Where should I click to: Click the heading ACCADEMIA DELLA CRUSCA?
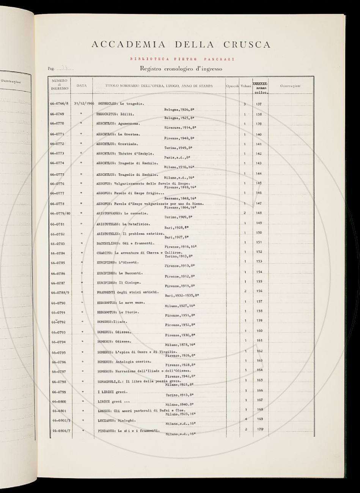pos(181,45)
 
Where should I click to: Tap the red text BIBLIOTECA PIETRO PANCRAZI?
pos(182,59)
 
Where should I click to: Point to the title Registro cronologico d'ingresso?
pos(181,69)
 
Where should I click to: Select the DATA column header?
pos(82,86)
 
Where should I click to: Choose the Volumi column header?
pos(246,86)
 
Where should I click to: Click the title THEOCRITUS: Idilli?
pos(116,114)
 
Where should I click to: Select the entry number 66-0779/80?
pos(60,213)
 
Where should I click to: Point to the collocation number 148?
pos(259,213)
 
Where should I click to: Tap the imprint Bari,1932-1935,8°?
pos(182,295)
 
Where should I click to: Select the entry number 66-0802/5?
pos(60,421)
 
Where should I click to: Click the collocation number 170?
pos(259,429)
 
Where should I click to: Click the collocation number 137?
pos(259,104)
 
